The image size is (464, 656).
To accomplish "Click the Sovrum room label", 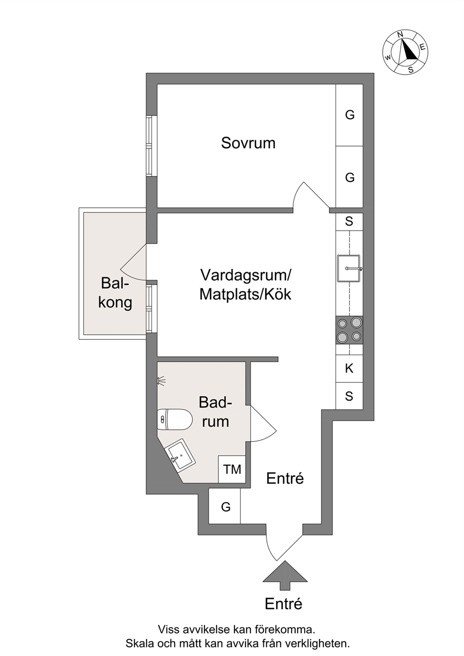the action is tap(248, 143).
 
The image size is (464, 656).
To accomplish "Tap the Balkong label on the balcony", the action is tap(115, 293).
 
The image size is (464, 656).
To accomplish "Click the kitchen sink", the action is tap(349, 268).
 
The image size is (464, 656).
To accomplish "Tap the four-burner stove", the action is tap(349, 330).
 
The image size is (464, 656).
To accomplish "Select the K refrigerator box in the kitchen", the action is tap(349, 368).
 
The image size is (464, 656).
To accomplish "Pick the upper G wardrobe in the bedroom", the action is tap(349, 115).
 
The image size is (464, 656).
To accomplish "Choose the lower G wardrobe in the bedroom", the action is tap(349, 177).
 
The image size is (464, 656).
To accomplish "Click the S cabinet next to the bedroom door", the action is tap(349, 222).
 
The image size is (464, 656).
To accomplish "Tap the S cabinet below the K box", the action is tap(349, 396).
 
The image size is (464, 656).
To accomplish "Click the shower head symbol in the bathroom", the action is tap(161, 381).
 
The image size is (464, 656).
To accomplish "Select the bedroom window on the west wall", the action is tap(152, 146).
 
